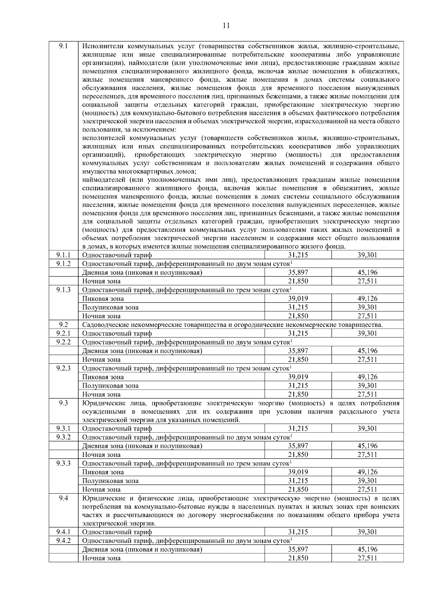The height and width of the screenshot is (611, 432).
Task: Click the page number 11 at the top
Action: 226,26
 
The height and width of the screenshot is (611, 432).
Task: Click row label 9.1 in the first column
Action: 63,46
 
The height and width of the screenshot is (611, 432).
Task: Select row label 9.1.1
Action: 63,255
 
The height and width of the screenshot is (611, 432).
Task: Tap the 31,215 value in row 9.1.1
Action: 298,255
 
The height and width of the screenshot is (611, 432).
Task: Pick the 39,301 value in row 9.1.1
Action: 367,255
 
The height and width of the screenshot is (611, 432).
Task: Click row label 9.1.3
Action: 63,290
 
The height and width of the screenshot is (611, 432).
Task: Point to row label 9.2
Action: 63,325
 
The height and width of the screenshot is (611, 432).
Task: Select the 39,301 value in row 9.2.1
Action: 367,333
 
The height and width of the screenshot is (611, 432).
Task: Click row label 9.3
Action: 63,403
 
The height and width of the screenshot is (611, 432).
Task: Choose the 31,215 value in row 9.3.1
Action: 298,428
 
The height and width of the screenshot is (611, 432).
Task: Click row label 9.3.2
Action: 63,437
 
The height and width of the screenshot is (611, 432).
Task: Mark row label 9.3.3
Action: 63,463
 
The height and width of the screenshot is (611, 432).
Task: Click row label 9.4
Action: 63,498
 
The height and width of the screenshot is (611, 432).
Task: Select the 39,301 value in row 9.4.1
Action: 367,532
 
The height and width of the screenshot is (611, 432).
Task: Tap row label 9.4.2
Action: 63,540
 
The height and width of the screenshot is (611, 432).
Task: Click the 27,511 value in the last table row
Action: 367,558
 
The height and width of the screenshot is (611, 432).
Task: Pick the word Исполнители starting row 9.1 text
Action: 103,46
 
